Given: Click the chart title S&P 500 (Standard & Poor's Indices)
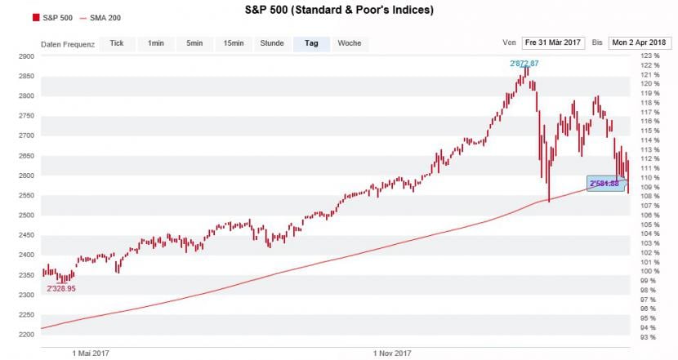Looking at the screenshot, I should click(x=339, y=11).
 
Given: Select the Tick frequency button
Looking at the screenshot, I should click(x=117, y=43).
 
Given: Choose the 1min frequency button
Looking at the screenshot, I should click(x=155, y=43).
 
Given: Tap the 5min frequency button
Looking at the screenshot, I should click(x=194, y=43).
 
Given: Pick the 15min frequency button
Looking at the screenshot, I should click(x=234, y=43).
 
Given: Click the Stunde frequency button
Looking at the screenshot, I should click(x=272, y=43).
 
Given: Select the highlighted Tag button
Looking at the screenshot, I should click(x=311, y=43).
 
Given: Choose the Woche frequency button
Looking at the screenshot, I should click(x=350, y=43).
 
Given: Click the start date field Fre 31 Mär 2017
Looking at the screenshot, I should click(x=554, y=42).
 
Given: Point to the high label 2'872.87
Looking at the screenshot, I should click(x=524, y=64).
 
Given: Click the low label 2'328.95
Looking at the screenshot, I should click(x=61, y=289).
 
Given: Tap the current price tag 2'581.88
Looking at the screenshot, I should click(x=605, y=183).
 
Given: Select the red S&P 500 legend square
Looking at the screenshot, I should click(x=36, y=17).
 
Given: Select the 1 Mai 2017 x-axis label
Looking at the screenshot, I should click(x=90, y=353).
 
